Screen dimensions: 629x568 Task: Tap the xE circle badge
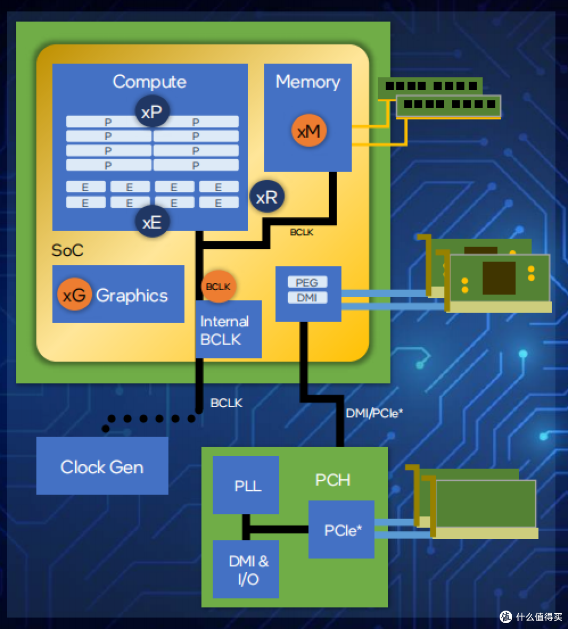click(x=152, y=222)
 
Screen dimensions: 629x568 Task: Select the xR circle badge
click(x=267, y=197)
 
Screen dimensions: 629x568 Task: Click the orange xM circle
click(x=309, y=131)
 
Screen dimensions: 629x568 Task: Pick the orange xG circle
click(x=74, y=295)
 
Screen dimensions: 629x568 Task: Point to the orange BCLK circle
click(x=218, y=287)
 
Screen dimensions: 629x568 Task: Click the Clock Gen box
click(x=102, y=467)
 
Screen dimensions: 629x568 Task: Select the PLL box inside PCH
click(x=246, y=485)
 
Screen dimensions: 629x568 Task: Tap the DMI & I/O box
click(x=246, y=570)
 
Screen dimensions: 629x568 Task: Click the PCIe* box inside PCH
click(x=341, y=530)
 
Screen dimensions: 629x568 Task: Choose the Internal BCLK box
click(x=228, y=331)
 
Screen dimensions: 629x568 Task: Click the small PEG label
click(x=307, y=283)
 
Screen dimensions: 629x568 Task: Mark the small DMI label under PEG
click(x=307, y=298)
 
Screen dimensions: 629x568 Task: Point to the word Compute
click(x=149, y=82)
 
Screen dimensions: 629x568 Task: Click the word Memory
click(x=308, y=82)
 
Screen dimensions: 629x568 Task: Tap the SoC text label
click(x=67, y=250)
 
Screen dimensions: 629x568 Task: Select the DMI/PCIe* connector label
click(x=374, y=413)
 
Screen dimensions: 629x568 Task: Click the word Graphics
click(x=132, y=295)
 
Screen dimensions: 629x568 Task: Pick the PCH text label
click(x=332, y=480)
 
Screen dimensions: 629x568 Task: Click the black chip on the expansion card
click(x=499, y=277)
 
